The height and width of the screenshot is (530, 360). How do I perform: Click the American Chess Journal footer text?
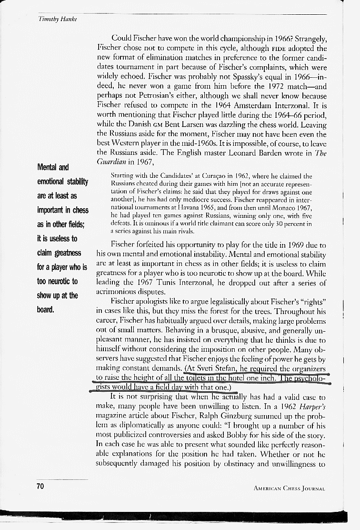pyautogui.click(x=290, y=488)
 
